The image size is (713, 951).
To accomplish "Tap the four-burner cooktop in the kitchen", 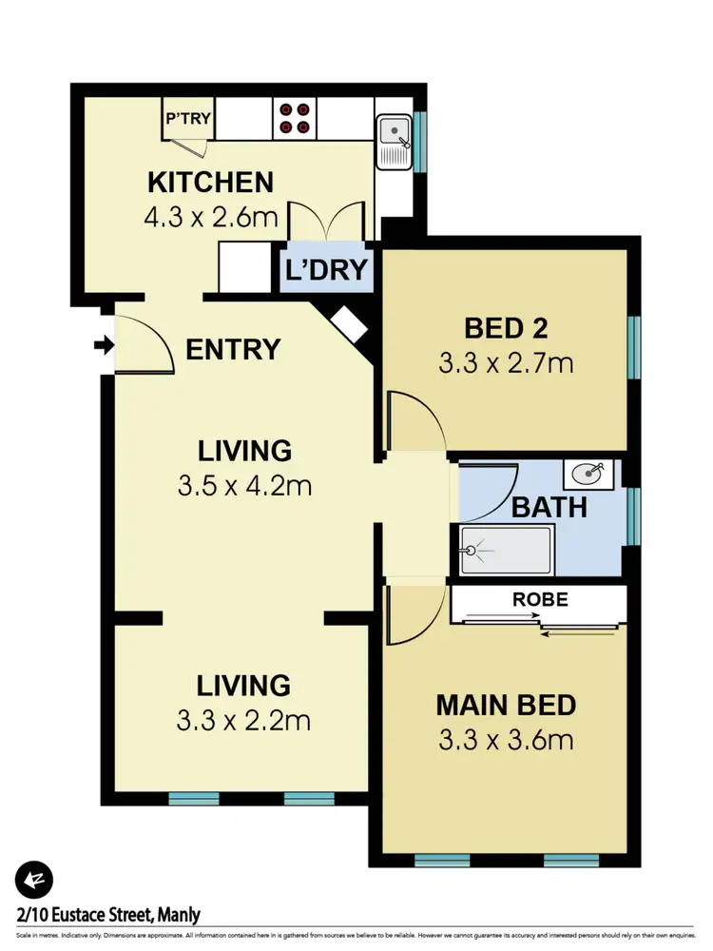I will coord(294,118).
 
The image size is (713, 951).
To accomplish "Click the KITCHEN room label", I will coord(210,181).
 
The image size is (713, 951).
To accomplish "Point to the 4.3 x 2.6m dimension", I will coord(210,218).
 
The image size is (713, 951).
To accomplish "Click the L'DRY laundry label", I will coord(326,270).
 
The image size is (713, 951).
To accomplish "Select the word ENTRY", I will coord(233,349).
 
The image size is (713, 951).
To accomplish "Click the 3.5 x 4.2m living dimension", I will coord(244,486).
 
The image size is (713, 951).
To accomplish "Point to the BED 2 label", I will coord(506,328).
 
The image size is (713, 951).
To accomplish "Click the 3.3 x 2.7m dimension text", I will coord(506,362).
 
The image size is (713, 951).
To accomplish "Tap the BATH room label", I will coord(549,507).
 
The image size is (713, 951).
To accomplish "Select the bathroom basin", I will coord(589,472).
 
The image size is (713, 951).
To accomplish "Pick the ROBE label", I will coord(540,600).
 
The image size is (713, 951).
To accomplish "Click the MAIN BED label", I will coord(506,705).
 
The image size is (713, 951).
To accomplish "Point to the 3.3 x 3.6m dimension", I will coord(506,739).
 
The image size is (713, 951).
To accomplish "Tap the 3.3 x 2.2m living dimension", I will coord(242,720).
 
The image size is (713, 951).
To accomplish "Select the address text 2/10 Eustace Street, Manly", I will coord(107,916).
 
